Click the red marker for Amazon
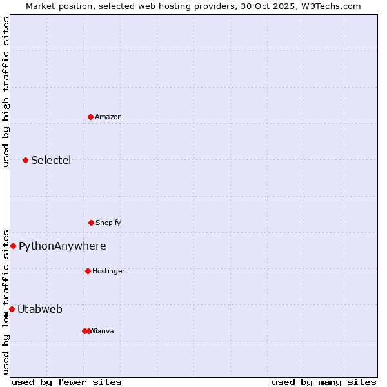pyautogui.click(x=90, y=117)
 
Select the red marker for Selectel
pyautogui.click(x=25, y=160)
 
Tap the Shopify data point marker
pyautogui.click(x=91, y=223)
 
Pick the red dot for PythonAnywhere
pyautogui.click(x=13, y=246)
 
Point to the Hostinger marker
pyautogui.click(x=88, y=271)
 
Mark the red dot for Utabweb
pyautogui.click(x=12, y=309)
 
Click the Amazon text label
pyautogui.click(x=108, y=117)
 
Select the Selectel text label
pyautogui.click(x=51, y=160)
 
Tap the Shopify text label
pyautogui.click(x=108, y=223)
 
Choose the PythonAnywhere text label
pyautogui.click(x=63, y=246)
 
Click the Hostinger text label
pyautogui.click(x=108, y=271)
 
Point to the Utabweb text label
pyautogui.click(x=40, y=309)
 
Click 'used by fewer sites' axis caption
pyautogui.click(x=66, y=382)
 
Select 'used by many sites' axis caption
pyautogui.click(x=324, y=382)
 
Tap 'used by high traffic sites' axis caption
pyautogui.click(x=6, y=92)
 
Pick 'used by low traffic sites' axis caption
pyautogui.click(x=6, y=301)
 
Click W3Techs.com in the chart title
pyautogui.click(x=332, y=6)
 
